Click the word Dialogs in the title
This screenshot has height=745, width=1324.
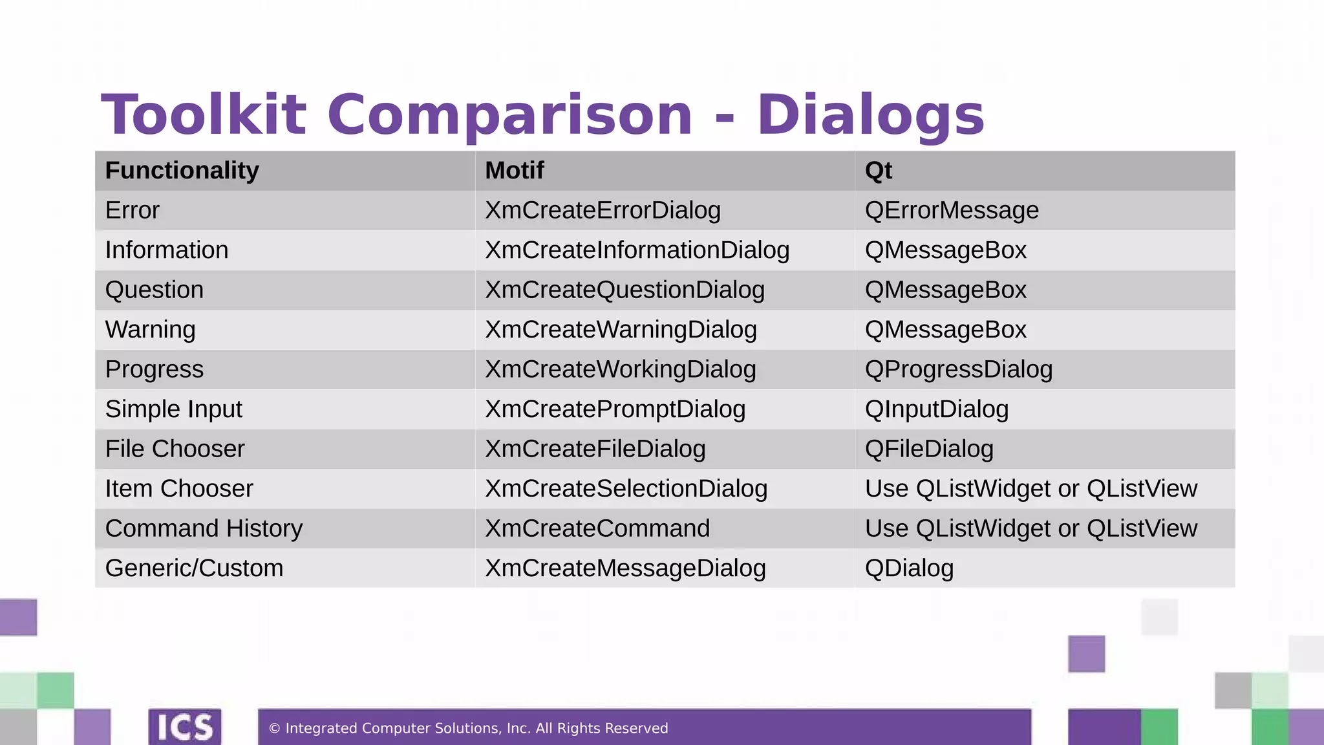pos(870,115)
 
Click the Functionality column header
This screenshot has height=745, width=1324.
pos(182,171)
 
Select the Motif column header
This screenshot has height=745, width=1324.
pos(515,171)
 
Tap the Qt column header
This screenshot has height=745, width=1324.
pos(878,171)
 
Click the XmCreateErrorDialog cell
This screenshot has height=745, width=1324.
pos(603,211)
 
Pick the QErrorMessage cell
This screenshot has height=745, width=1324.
pos(952,211)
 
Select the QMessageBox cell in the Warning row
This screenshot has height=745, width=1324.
pos(945,330)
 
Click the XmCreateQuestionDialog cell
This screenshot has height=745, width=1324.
pos(625,290)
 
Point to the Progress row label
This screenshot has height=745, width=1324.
pos(154,370)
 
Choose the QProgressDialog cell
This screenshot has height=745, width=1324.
pos(958,370)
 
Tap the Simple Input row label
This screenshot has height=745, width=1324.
pos(173,409)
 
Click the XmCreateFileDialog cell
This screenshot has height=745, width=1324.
pos(595,449)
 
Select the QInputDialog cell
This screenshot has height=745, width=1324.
pos(936,409)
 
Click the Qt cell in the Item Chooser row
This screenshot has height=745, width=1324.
pos(1030,489)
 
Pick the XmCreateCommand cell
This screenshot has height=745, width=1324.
pos(597,529)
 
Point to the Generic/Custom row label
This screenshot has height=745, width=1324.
pos(194,568)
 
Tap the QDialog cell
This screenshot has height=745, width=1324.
pos(909,568)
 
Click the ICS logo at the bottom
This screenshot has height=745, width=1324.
pos(185,727)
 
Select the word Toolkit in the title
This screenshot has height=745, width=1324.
pos(203,115)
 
